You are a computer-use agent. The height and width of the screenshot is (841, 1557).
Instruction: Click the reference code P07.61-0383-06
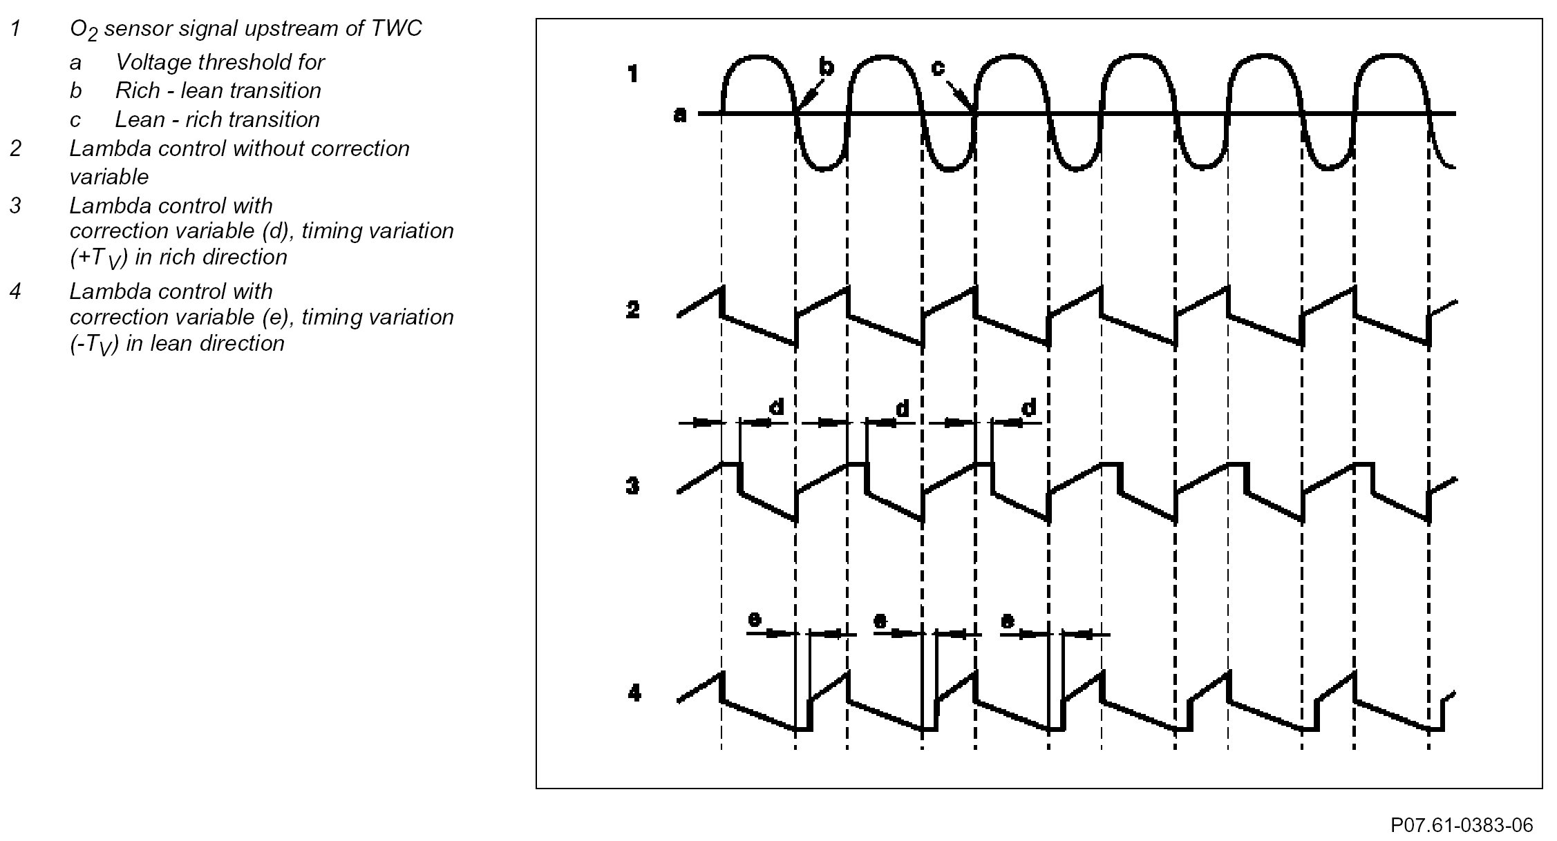click(x=1462, y=825)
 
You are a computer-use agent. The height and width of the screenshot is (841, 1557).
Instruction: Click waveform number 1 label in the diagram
click(x=632, y=74)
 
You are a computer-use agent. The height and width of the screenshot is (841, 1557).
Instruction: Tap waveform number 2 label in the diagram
click(x=632, y=310)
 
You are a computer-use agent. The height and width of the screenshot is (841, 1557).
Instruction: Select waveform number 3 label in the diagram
click(x=632, y=486)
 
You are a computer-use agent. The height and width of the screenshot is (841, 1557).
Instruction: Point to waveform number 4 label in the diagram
click(x=634, y=692)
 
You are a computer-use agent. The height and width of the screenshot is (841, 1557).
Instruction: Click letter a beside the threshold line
click(x=680, y=115)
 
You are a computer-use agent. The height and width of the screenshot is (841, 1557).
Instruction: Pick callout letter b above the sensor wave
click(x=827, y=67)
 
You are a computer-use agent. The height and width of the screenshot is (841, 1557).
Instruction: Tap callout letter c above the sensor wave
click(x=938, y=67)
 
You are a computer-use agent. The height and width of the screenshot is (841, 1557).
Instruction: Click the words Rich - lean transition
click(x=218, y=90)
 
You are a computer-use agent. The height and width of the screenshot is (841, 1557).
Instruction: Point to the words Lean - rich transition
click(x=217, y=119)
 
